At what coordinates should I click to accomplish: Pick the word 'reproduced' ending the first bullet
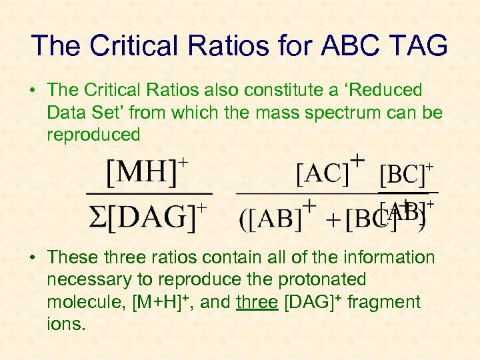tap(93, 135)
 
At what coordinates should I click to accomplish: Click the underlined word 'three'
tap(257, 302)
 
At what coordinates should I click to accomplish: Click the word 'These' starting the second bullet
tap(72, 257)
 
